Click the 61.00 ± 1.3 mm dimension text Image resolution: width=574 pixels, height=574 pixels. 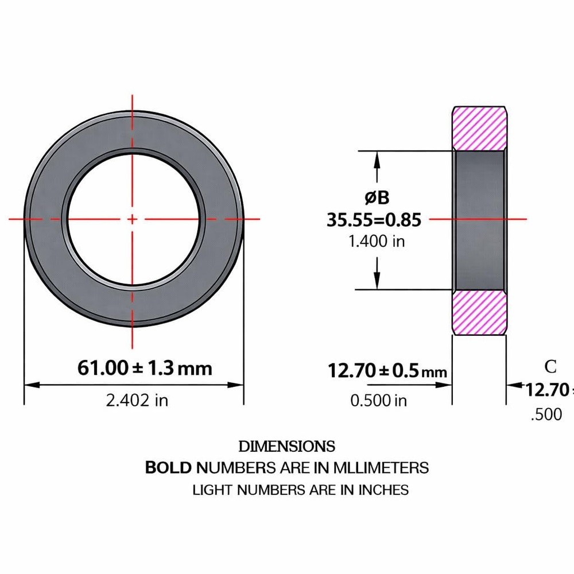point(145,368)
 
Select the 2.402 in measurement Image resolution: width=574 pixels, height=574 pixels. point(137,400)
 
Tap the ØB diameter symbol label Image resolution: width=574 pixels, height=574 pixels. point(377,198)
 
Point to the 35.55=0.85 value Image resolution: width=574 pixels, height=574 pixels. point(374,220)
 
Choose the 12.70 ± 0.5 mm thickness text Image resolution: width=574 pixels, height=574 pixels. point(387,371)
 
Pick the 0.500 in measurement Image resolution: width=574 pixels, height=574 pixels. point(378,400)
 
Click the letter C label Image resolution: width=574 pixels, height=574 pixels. point(550,366)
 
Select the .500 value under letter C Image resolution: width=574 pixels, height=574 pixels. point(546,414)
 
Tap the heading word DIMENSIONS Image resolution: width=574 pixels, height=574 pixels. point(286,446)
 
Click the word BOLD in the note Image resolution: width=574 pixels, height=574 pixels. point(168,467)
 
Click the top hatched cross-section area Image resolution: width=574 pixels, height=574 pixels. point(480,127)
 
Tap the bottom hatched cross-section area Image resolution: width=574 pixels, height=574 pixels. point(480,313)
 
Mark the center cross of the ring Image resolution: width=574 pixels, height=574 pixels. point(133,219)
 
